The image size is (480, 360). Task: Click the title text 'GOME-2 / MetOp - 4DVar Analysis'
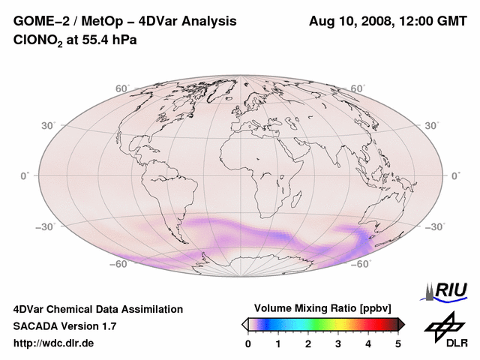[x=125, y=21]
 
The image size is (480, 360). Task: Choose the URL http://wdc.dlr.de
[x=54, y=343]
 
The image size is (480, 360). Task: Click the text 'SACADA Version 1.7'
[x=64, y=326]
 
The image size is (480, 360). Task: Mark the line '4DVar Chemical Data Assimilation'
[x=98, y=309]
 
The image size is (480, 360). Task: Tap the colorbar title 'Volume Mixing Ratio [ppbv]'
[x=323, y=308]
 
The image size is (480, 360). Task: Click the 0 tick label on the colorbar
[x=248, y=343]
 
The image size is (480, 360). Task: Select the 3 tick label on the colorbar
[x=338, y=343]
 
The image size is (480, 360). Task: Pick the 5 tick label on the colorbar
[x=398, y=343]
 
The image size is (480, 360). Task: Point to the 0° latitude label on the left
[x=25, y=175]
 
